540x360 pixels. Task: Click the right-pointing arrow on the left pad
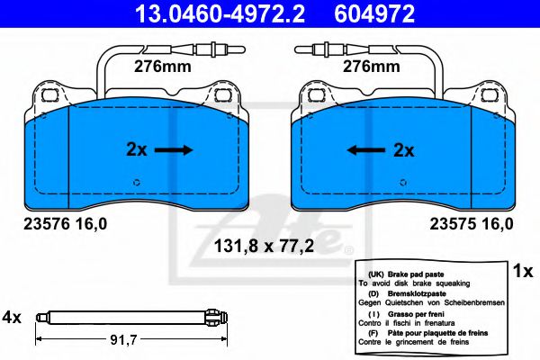[x=174, y=150]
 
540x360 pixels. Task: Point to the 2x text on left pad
[x=136, y=150]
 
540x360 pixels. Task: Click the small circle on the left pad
[x=137, y=183]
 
